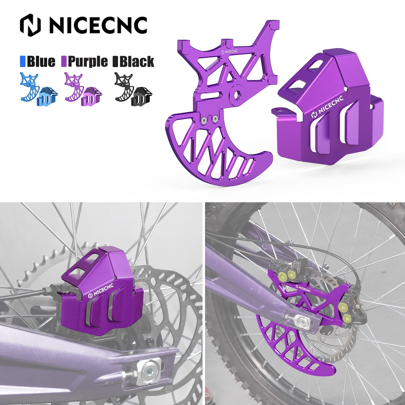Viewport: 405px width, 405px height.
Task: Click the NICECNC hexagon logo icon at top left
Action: pyautogui.click(x=30, y=25)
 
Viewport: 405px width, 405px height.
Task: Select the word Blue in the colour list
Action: pyautogui.click(x=41, y=62)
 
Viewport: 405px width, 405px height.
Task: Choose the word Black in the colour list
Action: pyautogui.click(x=136, y=62)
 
